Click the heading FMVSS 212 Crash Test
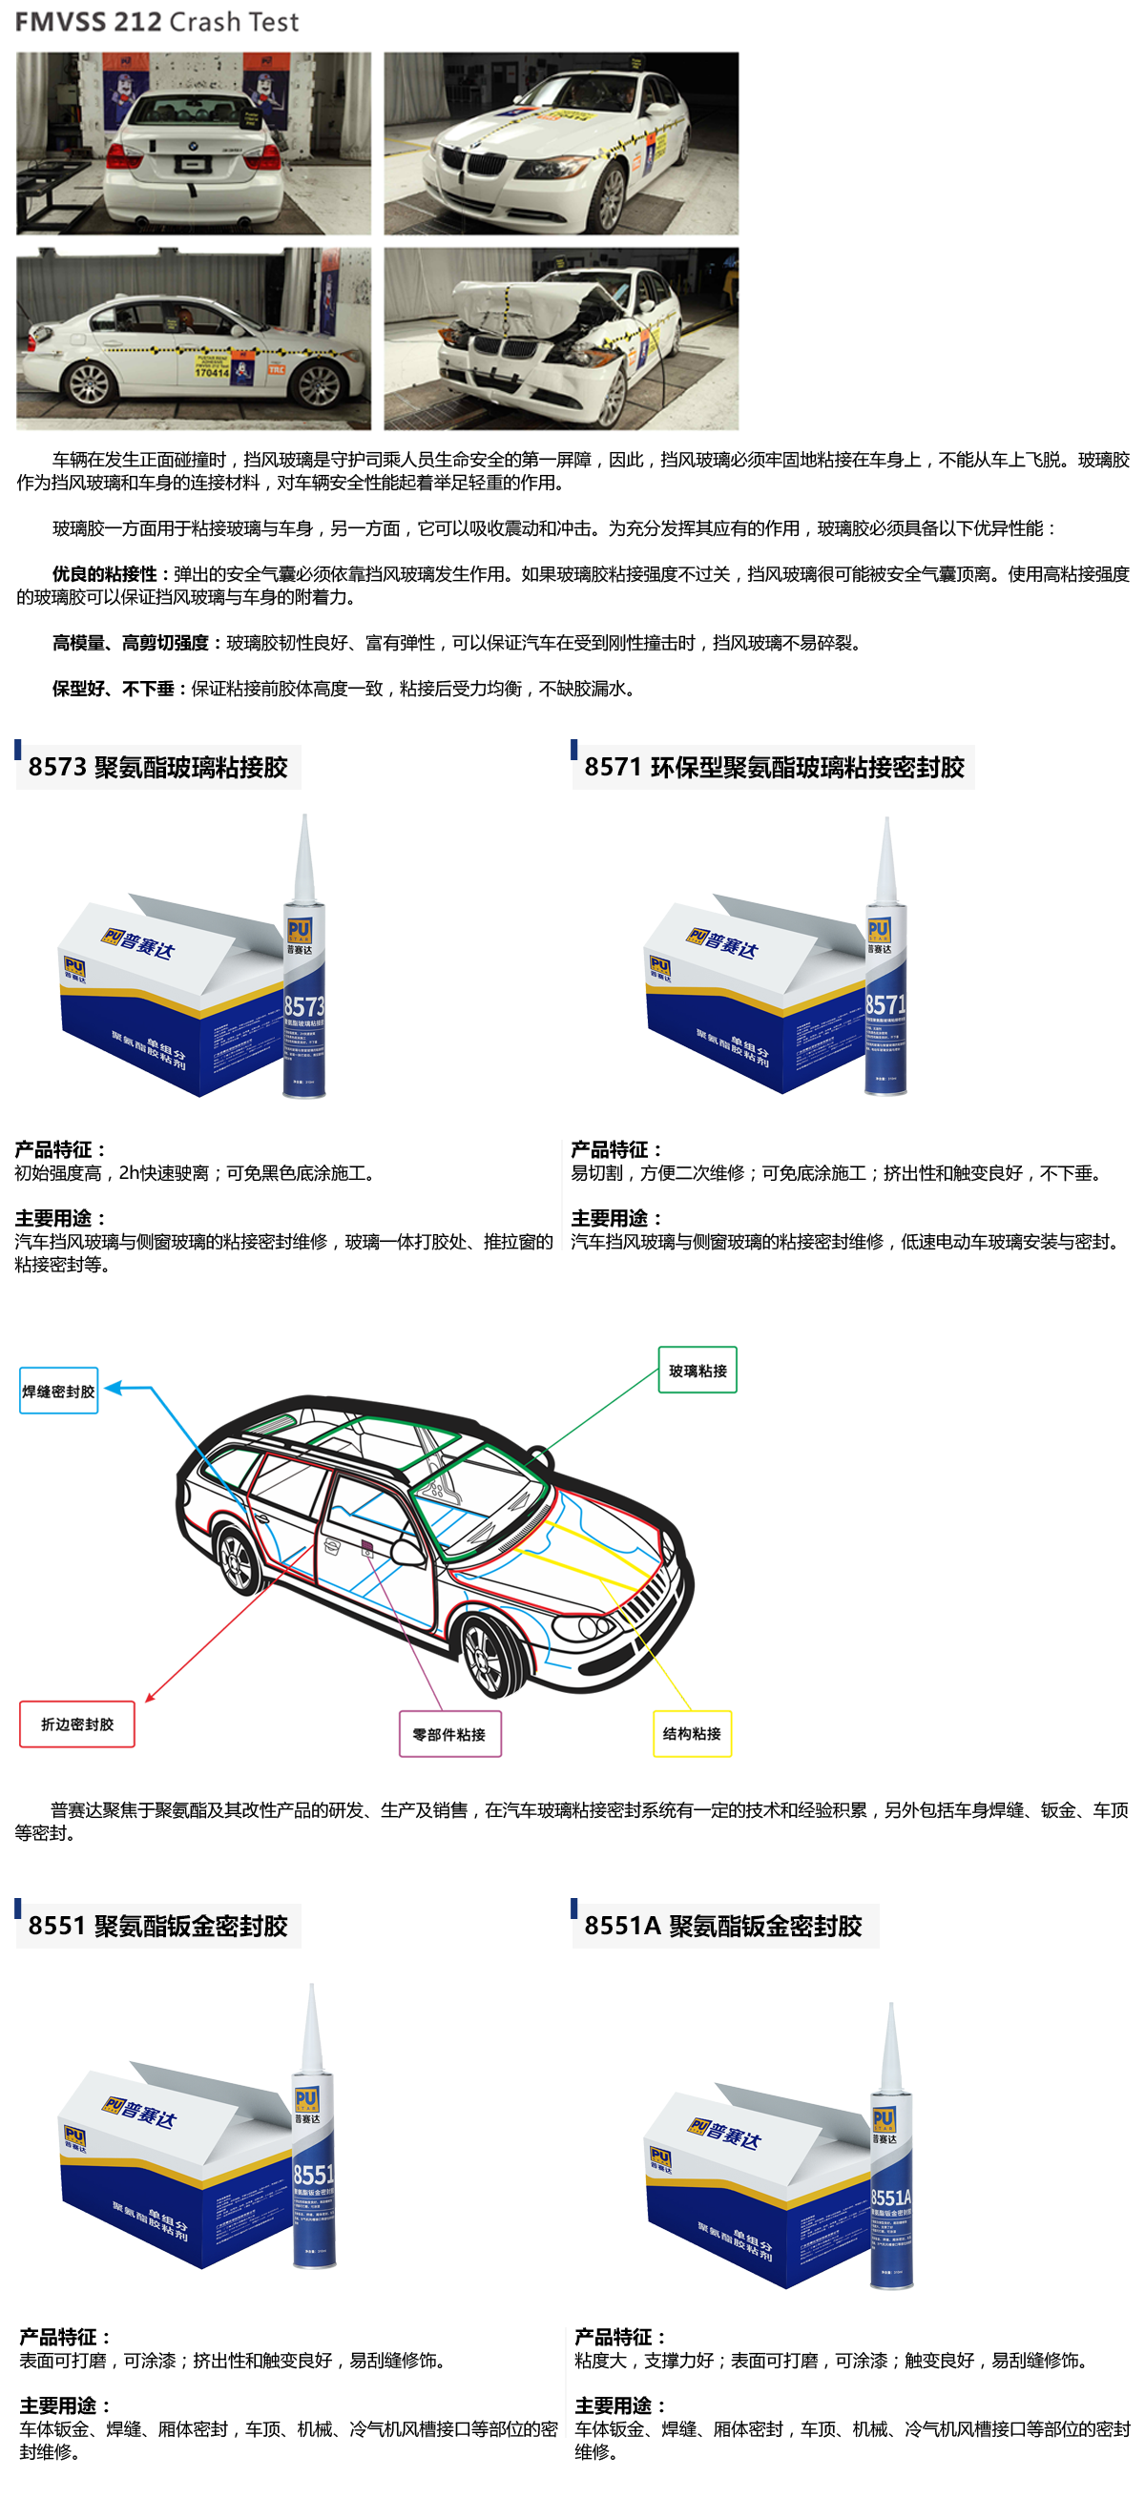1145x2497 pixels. click(157, 21)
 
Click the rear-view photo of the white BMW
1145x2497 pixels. click(193, 143)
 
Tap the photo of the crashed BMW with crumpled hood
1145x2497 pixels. click(560, 339)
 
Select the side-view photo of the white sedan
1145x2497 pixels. click(193, 339)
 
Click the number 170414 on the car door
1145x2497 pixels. click(212, 371)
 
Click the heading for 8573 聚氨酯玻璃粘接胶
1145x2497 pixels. click(158, 767)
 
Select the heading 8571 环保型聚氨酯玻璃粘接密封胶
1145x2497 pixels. click(774, 767)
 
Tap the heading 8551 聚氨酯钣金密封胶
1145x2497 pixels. click(158, 1925)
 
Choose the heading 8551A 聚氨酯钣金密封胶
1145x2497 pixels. click(723, 1925)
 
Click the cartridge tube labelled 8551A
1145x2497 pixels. click(891, 2181)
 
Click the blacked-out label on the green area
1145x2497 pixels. click(697, 1371)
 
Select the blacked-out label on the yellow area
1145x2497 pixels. click(692, 1733)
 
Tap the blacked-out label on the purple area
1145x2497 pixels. click(448, 1733)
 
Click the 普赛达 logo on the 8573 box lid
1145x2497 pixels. click(138, 942)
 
